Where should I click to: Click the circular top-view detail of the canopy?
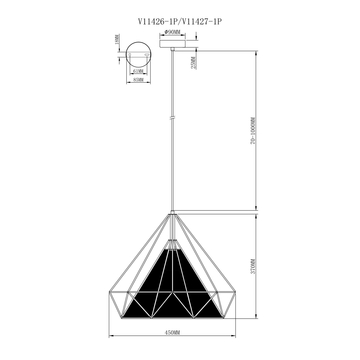[x=138, y=54]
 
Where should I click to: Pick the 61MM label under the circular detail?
[x=137, y=73]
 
